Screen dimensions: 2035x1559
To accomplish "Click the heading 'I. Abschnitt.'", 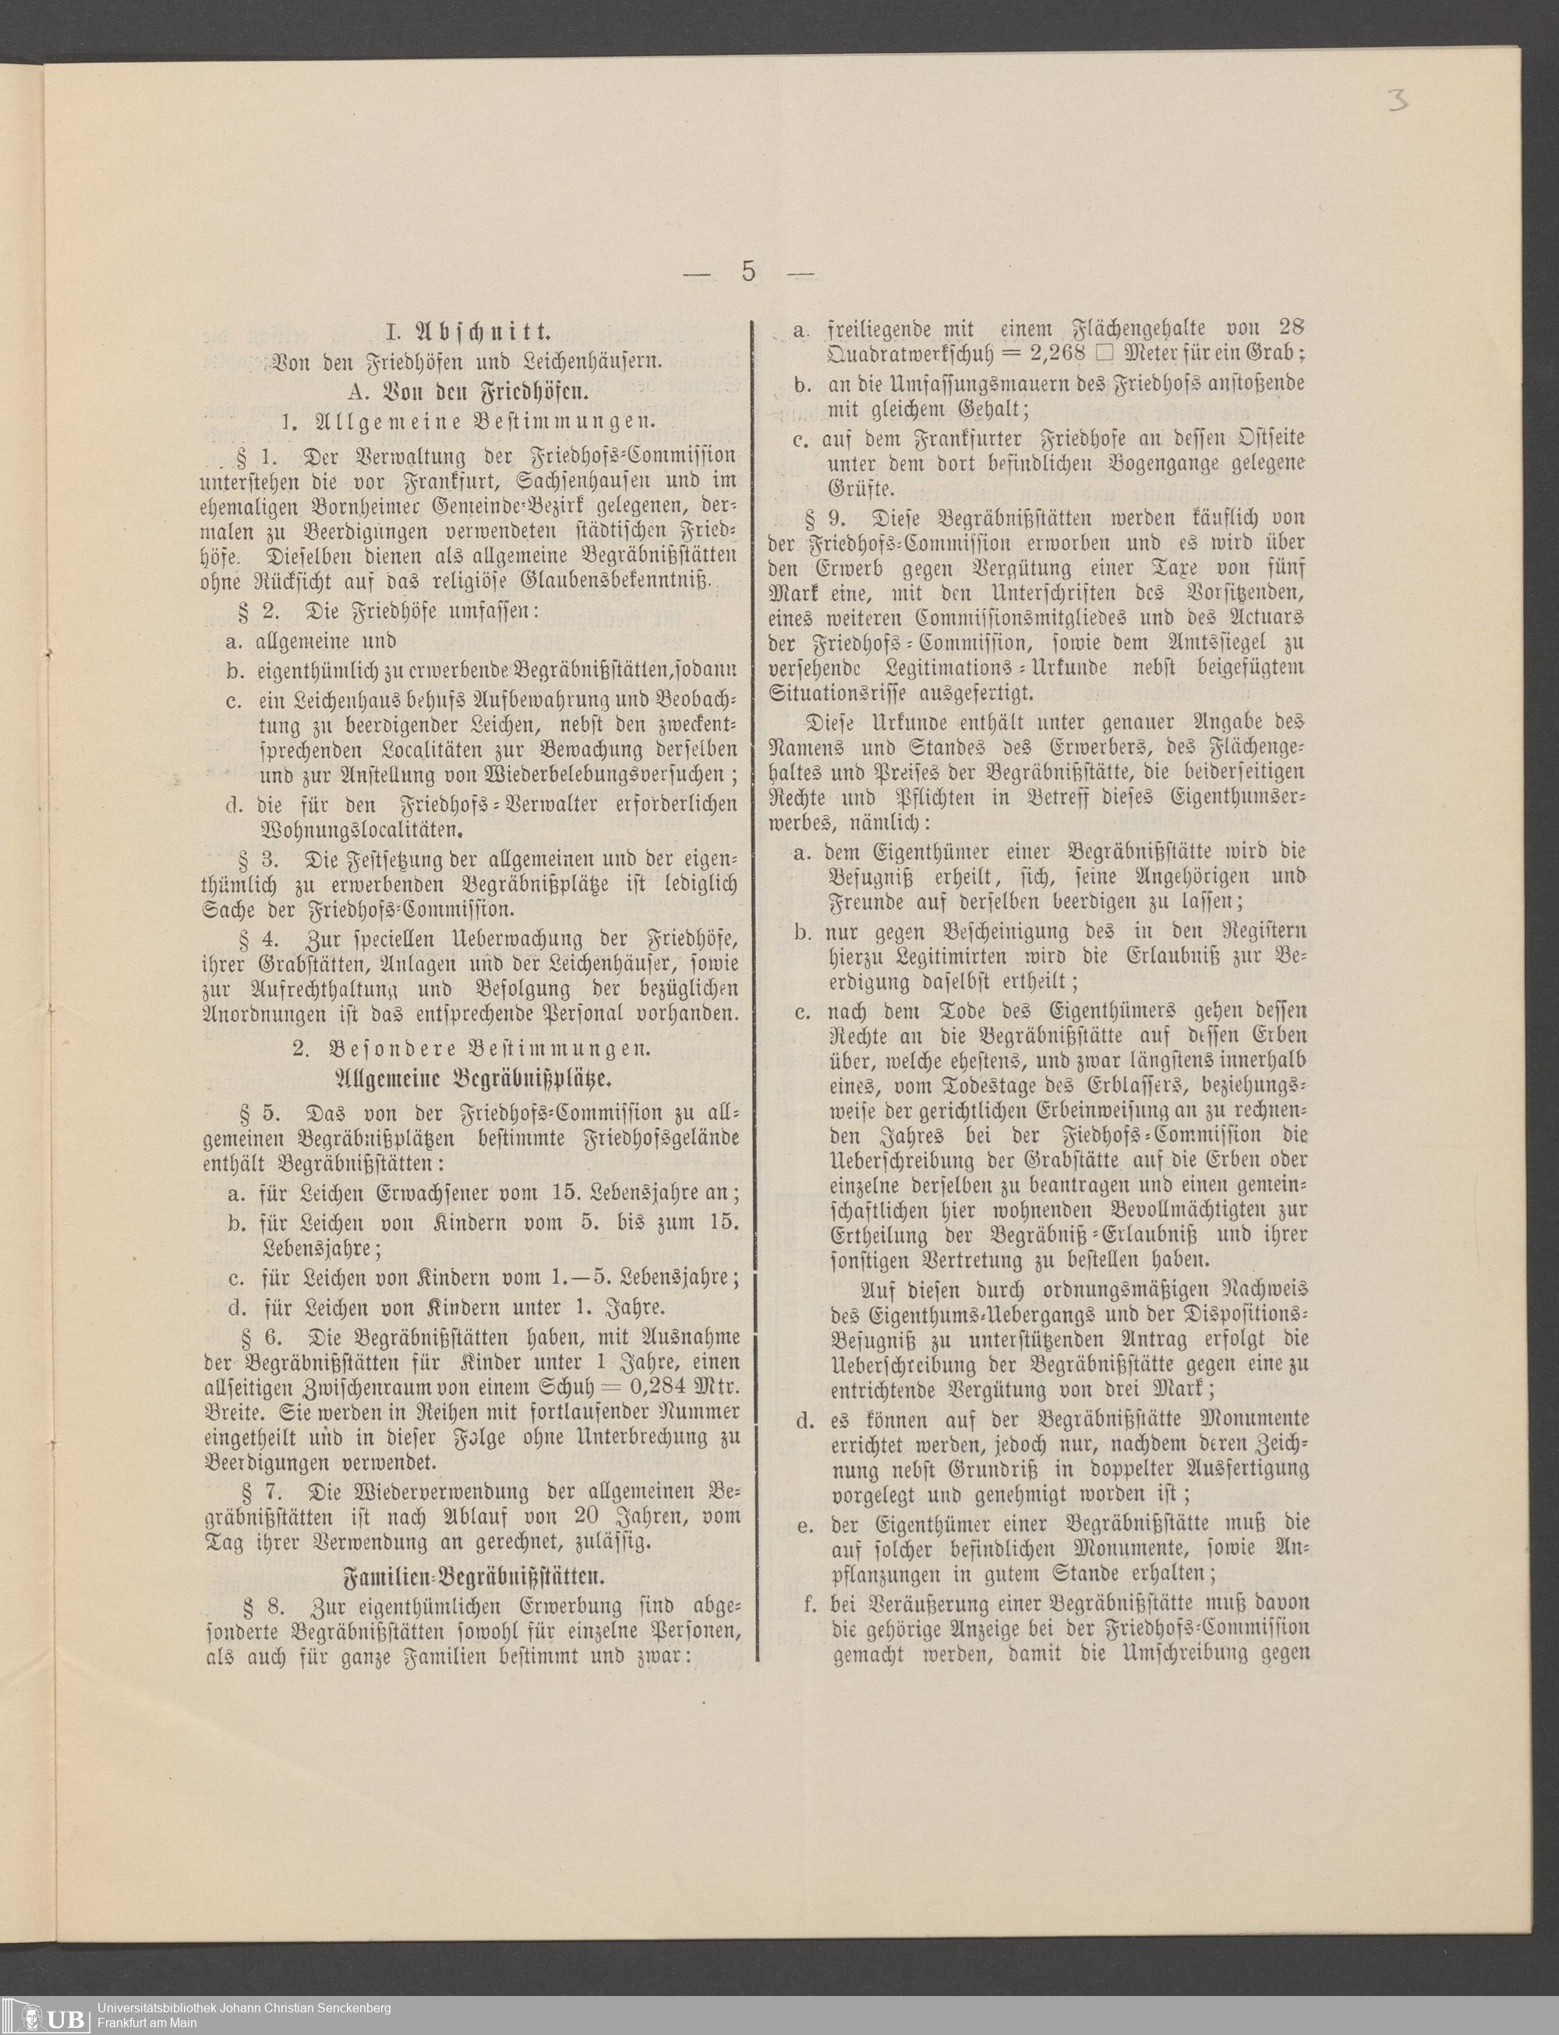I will (x=468, y=330).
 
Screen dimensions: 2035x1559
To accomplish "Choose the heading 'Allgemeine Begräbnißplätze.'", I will (x=472, y=1078).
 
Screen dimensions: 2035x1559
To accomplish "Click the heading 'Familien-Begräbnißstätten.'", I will (x=473, y=1576).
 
